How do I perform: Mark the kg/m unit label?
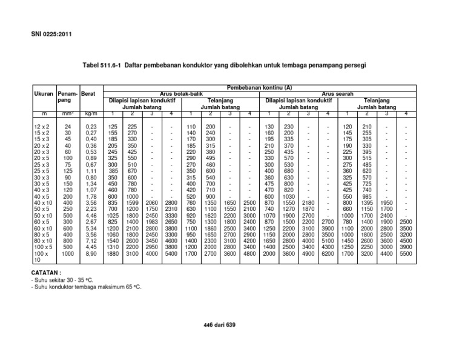[91, 113]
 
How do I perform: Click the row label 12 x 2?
[42, 126]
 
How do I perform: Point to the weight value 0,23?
[91, 126]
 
